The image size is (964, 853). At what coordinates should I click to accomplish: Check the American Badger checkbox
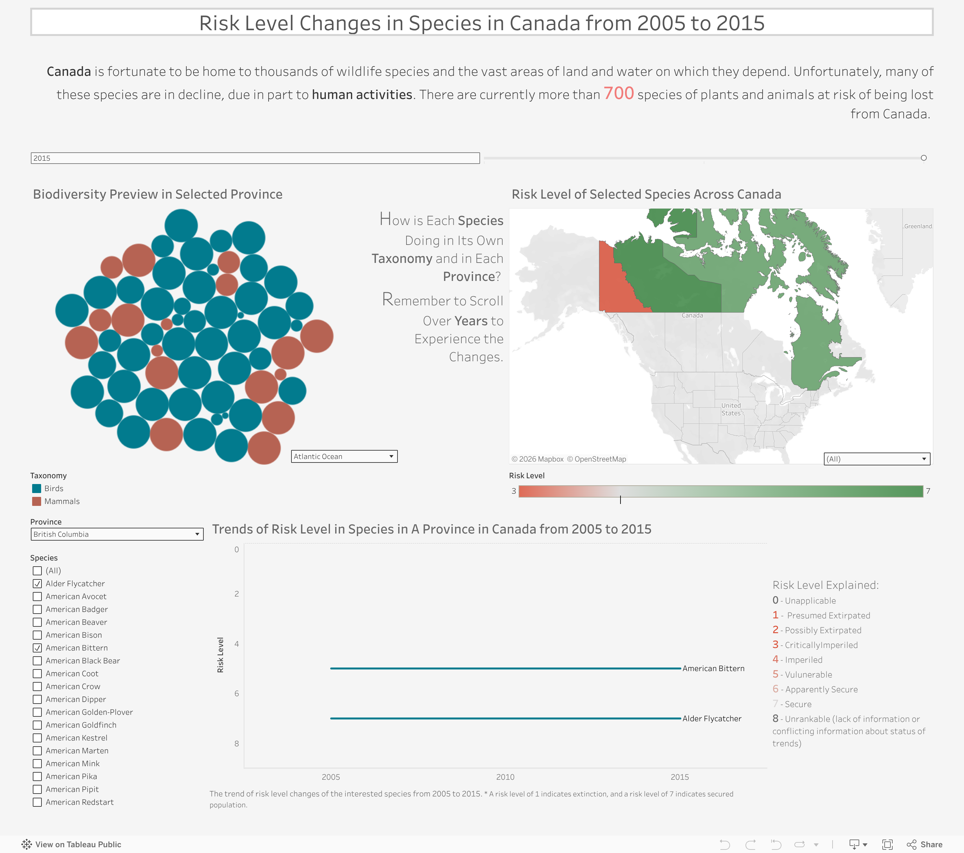point(37,610)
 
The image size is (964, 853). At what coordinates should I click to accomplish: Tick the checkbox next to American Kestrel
point(37,738)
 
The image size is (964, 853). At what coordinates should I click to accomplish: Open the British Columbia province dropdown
point(117,534)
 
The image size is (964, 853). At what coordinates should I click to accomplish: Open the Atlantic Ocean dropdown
point(344,456)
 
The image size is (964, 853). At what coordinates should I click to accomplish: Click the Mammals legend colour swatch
point(36,501)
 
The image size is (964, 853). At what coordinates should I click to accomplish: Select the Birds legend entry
point(53,488)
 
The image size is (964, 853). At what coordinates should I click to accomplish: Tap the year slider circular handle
point(924,158)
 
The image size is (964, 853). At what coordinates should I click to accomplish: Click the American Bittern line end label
point(713,669)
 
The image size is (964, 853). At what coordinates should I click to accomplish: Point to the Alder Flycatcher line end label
point(712,719)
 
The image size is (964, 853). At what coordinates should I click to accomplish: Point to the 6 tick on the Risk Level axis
point(237,694)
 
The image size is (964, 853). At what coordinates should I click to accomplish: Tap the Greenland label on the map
point(917,227)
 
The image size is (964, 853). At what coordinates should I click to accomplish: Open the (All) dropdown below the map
point(876,459)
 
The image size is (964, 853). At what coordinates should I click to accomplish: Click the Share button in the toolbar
point(924,845)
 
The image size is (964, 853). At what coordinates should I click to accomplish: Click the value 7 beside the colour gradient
point(928,491)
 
